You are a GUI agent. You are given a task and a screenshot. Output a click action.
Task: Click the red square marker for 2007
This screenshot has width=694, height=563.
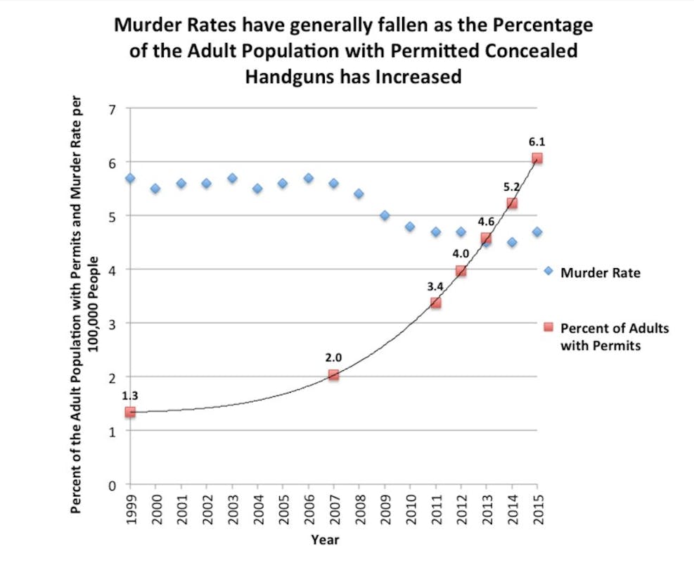coord(333,375)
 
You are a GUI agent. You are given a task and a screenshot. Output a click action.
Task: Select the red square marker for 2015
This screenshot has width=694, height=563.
coord(537,158)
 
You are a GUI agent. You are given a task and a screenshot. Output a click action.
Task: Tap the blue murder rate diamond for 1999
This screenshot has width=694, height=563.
coord(130,178)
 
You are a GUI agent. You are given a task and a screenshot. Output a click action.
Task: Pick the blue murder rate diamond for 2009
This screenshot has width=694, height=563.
coord(385,215)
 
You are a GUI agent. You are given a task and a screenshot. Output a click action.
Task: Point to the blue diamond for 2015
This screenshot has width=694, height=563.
coord(537,232)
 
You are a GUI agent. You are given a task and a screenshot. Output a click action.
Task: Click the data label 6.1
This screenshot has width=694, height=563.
coord(537,141)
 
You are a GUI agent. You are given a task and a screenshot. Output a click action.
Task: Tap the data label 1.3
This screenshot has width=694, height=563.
coord(130,396)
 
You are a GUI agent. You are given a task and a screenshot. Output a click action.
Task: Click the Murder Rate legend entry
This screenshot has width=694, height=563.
coord(600,272)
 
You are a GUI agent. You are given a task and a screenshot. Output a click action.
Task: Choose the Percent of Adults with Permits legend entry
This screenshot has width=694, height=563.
coord(614,336)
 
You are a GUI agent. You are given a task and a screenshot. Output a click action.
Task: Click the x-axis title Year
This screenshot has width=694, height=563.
coord(325,540)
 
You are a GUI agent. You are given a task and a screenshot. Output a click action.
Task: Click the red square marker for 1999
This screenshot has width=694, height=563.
coord(130,412)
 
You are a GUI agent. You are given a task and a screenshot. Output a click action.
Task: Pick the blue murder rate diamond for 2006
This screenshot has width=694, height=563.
coord(308,178)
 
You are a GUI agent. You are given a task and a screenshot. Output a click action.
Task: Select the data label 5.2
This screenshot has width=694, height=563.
coord(511,187)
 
